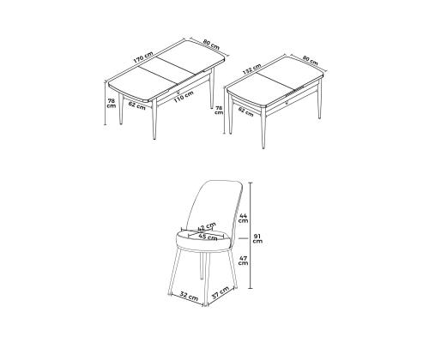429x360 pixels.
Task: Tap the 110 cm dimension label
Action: tap(184, 97)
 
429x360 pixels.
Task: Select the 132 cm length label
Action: tap(251, 69)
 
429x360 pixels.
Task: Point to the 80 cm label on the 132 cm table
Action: tap(311, 60)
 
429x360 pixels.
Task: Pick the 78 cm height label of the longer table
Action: tap(112, 103)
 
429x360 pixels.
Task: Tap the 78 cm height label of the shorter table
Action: tap(219, 110)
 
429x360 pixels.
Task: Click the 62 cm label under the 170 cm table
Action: tap(136, 105)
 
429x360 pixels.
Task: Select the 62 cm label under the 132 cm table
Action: tap(245, 111)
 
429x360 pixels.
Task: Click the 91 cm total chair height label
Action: tap(257, 238)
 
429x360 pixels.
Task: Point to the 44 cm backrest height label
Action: tap(244, 218)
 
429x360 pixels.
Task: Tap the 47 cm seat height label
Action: tap(243, 260)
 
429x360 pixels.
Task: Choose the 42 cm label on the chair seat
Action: tap(207, 227)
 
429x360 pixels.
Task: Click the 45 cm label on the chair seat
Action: tap(208, 237)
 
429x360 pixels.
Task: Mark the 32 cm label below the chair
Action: tap(189, 296)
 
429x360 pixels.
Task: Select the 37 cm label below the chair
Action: tap(220, 292)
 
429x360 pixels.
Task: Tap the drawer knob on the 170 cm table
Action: tap(178, 92)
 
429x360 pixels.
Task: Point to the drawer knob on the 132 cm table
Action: tap(287, 102)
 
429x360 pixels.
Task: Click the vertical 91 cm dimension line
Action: tap(251, 236)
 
